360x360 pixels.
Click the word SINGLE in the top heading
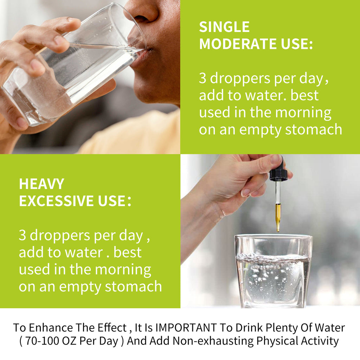[x=224, y=27]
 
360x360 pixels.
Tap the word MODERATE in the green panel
[x=238, y=44]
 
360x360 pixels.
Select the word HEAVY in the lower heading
[x=41, y=184]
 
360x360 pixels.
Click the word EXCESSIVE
[x=57, y=201]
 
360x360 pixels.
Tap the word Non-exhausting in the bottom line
[x=213, y=341]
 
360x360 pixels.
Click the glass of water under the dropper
[x=273, y=271]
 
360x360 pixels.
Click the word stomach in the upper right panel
[x=314, y=129]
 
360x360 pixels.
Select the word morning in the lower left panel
[x=123, y=270]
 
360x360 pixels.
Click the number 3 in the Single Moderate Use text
[x=202, y=78]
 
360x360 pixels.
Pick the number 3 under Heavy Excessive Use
[x=22, y=235]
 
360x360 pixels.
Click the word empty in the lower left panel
[x=79, y=287]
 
